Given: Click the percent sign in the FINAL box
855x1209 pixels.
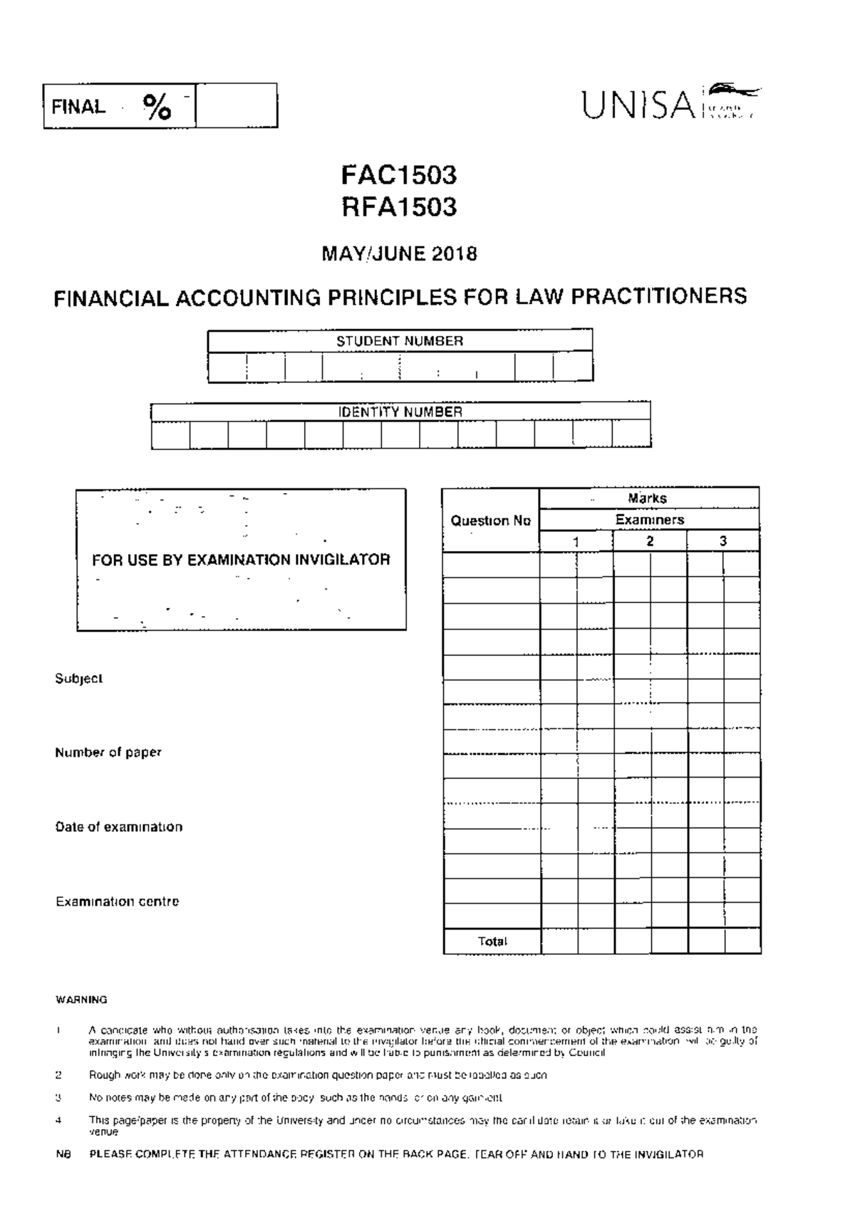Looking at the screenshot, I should [157, 108].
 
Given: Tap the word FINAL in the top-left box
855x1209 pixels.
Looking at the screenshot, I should [78, 108].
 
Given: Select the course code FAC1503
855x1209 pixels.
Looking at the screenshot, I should [398, 175].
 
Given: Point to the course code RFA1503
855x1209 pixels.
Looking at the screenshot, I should [398, 207].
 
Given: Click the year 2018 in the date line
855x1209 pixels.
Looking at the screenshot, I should [453, 254].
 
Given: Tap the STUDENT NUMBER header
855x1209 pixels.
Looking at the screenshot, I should [400, 341].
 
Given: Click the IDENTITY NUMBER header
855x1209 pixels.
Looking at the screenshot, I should [400, 412].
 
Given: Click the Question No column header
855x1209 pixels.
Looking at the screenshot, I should [490, 520].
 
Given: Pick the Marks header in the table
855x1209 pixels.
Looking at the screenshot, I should [647, 498].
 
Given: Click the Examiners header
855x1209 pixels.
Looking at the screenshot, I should [649, 520].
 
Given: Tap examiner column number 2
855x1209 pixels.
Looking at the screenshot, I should [650, 541].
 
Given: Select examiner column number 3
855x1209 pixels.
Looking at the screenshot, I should [723, 541].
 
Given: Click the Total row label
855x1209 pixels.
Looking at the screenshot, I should [492, 941].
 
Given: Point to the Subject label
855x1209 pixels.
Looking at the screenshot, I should [78, 679].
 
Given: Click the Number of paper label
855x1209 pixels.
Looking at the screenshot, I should [108, 753].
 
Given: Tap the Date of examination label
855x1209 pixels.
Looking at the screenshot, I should [118, 827].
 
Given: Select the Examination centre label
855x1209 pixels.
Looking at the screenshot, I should [117, 901].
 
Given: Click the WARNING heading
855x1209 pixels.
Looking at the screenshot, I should [81, 1000].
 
